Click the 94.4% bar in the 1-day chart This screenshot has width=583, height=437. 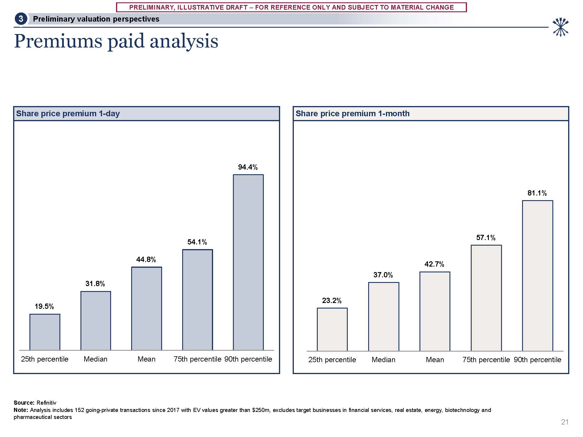(248, 262)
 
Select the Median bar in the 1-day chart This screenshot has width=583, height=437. (96, 320)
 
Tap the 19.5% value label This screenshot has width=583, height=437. (44, 306)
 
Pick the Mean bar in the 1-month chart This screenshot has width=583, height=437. (435, 311)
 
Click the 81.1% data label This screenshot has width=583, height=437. (537, 193)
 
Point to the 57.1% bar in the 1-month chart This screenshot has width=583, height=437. (486, 298)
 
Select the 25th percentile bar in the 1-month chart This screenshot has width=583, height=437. (332, 329)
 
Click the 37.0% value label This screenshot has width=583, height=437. (383, 275)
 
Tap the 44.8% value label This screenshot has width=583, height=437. (146, 259)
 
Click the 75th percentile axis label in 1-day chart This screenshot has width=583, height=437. (197, 359)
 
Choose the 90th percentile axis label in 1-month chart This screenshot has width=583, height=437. (537, 360)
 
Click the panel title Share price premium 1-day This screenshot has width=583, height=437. (68, 113)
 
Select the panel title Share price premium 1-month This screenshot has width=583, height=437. (352, 113)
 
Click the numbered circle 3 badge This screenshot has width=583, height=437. (21, 19)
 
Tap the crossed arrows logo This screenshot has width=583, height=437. (560, 27)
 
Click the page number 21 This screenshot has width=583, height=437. (565, 422)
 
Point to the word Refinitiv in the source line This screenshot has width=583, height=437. (46, 403)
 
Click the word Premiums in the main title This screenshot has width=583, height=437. (58, 41)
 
